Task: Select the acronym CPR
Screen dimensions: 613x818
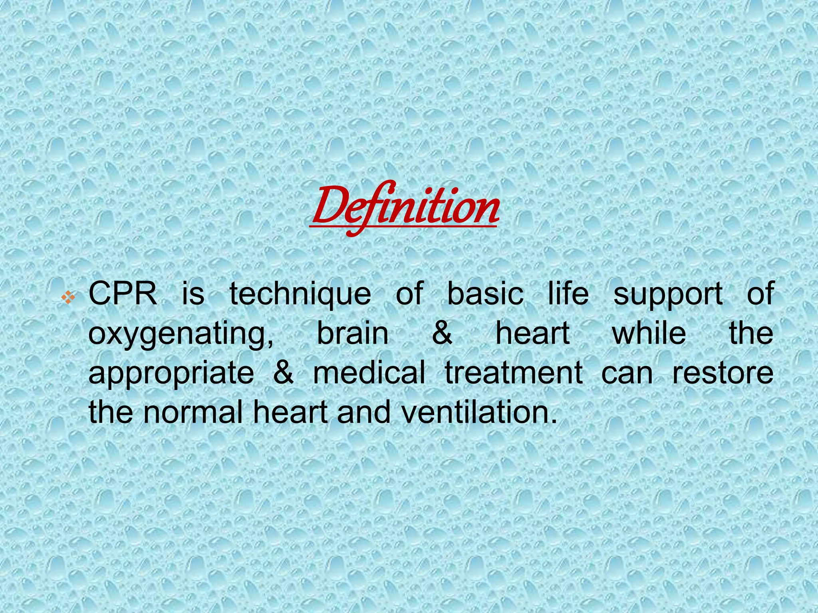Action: (x=123, y=293)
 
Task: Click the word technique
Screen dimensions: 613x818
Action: (x=300, y=295)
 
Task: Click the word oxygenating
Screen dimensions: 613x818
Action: (x=181, y=335)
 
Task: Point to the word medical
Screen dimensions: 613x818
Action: (x=369, y=372)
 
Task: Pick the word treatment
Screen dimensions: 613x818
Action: (x=514, y=373)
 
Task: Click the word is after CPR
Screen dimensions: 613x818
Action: (x=193, y=293)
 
